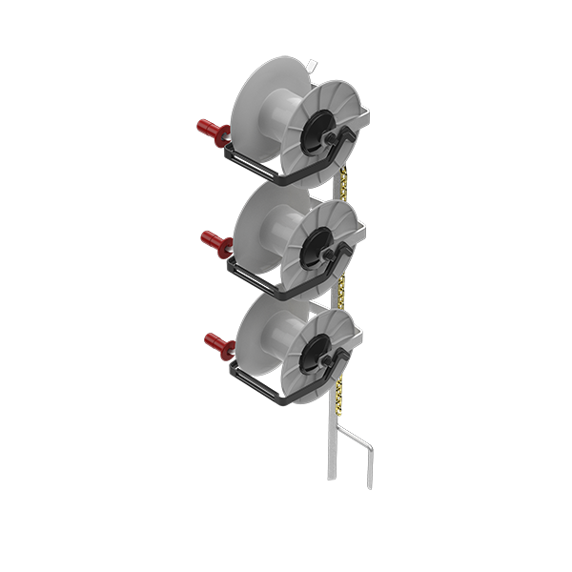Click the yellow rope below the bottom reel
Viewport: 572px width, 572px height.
[x=339, y=400]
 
